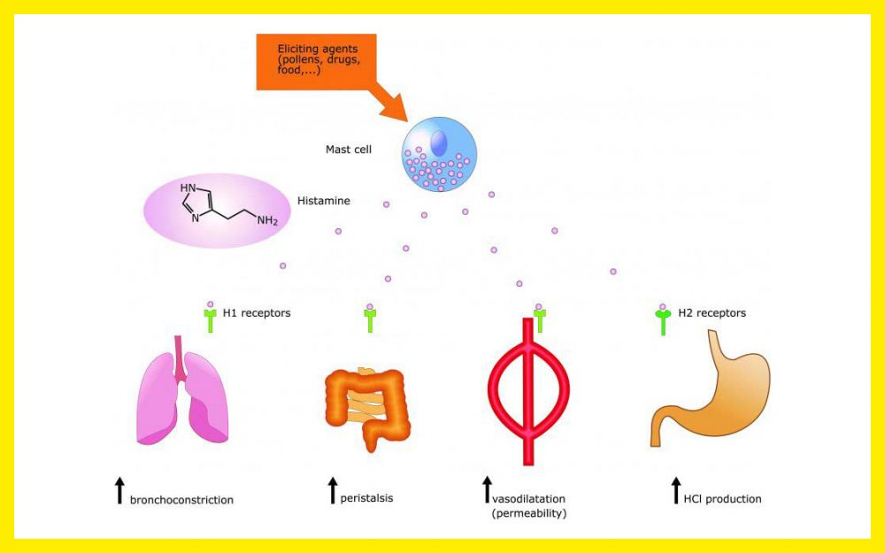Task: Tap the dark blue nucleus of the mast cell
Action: coord(439,142)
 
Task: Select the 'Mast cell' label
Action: coord(349,150)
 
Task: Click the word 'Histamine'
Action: coord(325,201)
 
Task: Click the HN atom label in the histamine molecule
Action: coord(188,188)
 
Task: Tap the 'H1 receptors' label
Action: coord(256,313)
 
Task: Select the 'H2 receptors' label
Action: coord(712,313)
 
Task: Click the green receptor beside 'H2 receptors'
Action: coord(662,320)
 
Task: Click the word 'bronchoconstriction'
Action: coord(181,500)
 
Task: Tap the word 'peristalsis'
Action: coord(366,498)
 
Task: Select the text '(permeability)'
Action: coord(529,513)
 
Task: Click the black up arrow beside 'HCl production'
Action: coord(675,490)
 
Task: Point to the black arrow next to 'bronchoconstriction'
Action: coord(119,490)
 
